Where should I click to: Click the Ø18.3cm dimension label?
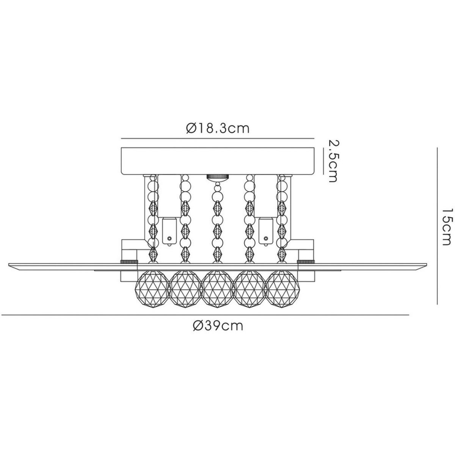click(x=218, y=129)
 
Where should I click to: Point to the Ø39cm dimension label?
click(x=218, y=326)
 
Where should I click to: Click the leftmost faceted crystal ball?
click(x=152, y=289)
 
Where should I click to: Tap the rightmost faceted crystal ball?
click(x=282, y=289)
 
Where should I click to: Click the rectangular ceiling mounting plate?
click(x=218, y=161)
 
